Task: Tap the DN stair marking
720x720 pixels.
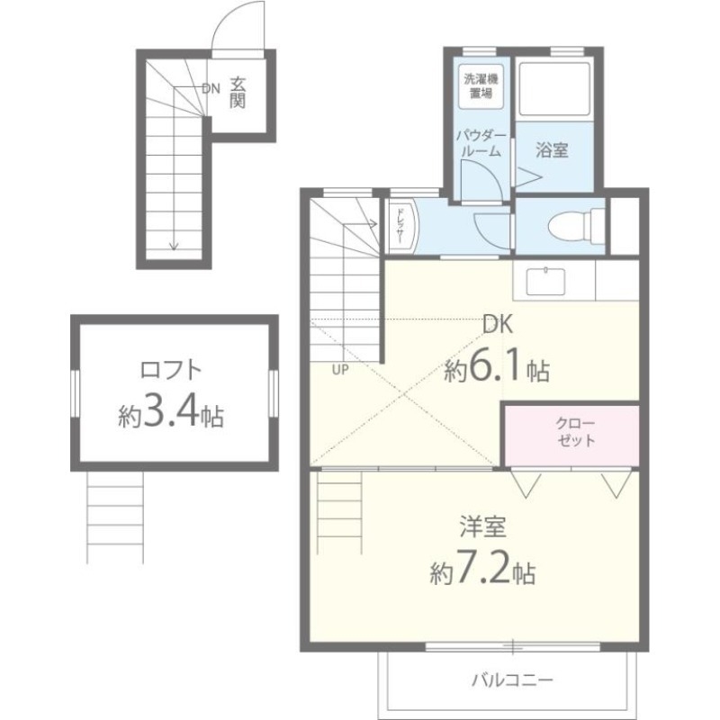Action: click(x=211, y=88)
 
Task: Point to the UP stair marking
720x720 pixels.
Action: click(x=341, y=368)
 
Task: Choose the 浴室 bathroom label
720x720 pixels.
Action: click(x=552, y=149)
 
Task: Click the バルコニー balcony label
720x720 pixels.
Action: click(x=511, y=679)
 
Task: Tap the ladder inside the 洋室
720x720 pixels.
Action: click(x=340, y=508)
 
